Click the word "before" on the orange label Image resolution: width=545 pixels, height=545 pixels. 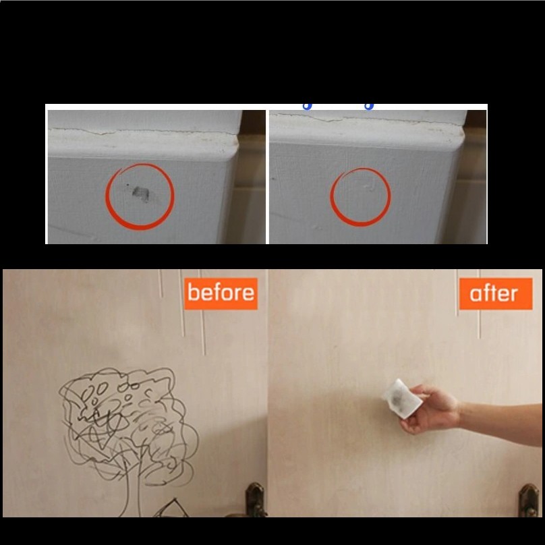(x=221, y=293)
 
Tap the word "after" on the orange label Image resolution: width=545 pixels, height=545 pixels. (x=494, y=293)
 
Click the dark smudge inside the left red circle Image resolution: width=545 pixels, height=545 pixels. (x=141, y=194)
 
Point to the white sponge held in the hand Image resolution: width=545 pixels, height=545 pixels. (x=401, y=399)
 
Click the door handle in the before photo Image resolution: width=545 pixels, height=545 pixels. (x=255, y=499)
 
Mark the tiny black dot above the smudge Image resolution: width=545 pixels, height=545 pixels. (x=127, y=185)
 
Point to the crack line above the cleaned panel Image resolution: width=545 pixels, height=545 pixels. (x=368, y=119)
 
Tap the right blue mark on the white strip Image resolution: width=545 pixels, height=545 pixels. (x=369, y=107)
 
